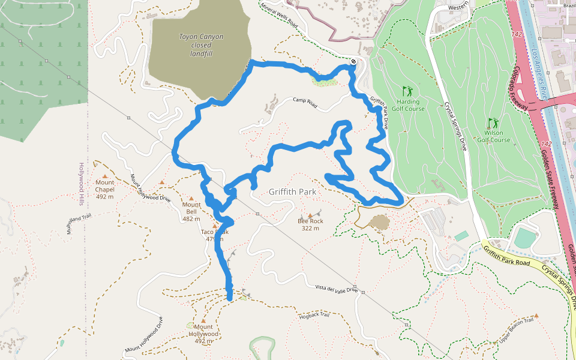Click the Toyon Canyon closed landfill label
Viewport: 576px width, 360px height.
pyautogui.click(x=201, y=45)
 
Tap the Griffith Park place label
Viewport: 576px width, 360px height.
pyautogui.click(x=292, y=192)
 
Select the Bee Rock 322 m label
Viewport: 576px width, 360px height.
pyautogui.click(x=310, y=224)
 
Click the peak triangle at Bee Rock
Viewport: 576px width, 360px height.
pyautogui.click(x=310, y=215)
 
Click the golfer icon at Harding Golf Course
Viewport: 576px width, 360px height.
pyautogui.click(x=408, y=91)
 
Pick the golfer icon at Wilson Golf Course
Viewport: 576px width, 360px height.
pyautogui.click(x=493, y=122)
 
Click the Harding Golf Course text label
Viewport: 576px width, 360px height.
pyautogui.click(x=410, y=105)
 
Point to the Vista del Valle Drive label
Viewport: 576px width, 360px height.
pyautogui.click(x=336, y=289)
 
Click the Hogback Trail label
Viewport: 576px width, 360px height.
pyautogui.click(x=314, y=315)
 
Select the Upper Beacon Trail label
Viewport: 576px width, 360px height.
pyautogui.click(x=516, y=332)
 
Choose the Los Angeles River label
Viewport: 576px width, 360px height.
pyautogui.click(x=536, y=65)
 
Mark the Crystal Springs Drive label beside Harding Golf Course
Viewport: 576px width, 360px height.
pyautogui.click(x=455, y=125)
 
